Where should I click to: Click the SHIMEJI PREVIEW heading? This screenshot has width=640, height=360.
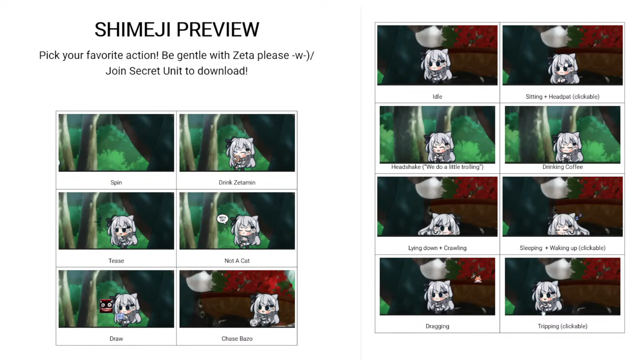(x=177, y=29)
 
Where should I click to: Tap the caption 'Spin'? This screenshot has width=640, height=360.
(x=116, y=182)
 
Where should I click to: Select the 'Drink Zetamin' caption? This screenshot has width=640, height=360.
(x=237, y=182)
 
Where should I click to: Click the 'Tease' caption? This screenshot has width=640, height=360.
(x=116, y=260)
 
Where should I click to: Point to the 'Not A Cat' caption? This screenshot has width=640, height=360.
(x=237, y=260)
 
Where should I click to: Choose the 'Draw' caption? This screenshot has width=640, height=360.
(x=116, y=338)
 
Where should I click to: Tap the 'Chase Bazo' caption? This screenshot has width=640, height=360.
(x=237, y=338)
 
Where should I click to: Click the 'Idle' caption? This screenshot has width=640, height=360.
(x=437, y=96)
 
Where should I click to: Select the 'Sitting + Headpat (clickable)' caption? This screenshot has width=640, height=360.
(x=562, y=96)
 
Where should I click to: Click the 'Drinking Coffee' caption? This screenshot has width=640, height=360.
(x=562, y=167)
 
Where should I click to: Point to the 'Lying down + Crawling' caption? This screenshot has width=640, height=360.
(x=437, y=248)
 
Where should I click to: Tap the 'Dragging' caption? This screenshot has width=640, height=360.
(x=437, y=326)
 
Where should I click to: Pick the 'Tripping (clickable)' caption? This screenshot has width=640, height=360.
(x=562, y=326)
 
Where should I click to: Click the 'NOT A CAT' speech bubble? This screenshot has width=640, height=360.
(x=222, y=219)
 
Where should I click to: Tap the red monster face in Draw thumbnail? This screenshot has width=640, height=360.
(x=106, y=306)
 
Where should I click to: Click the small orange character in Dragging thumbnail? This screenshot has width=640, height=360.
(x=477, y=279)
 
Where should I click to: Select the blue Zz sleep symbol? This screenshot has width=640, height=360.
(x=578, y=217)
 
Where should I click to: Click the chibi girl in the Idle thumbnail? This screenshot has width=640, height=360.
(x=435, y=65)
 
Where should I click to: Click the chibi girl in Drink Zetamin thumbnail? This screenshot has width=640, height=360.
(x=239, y=153)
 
